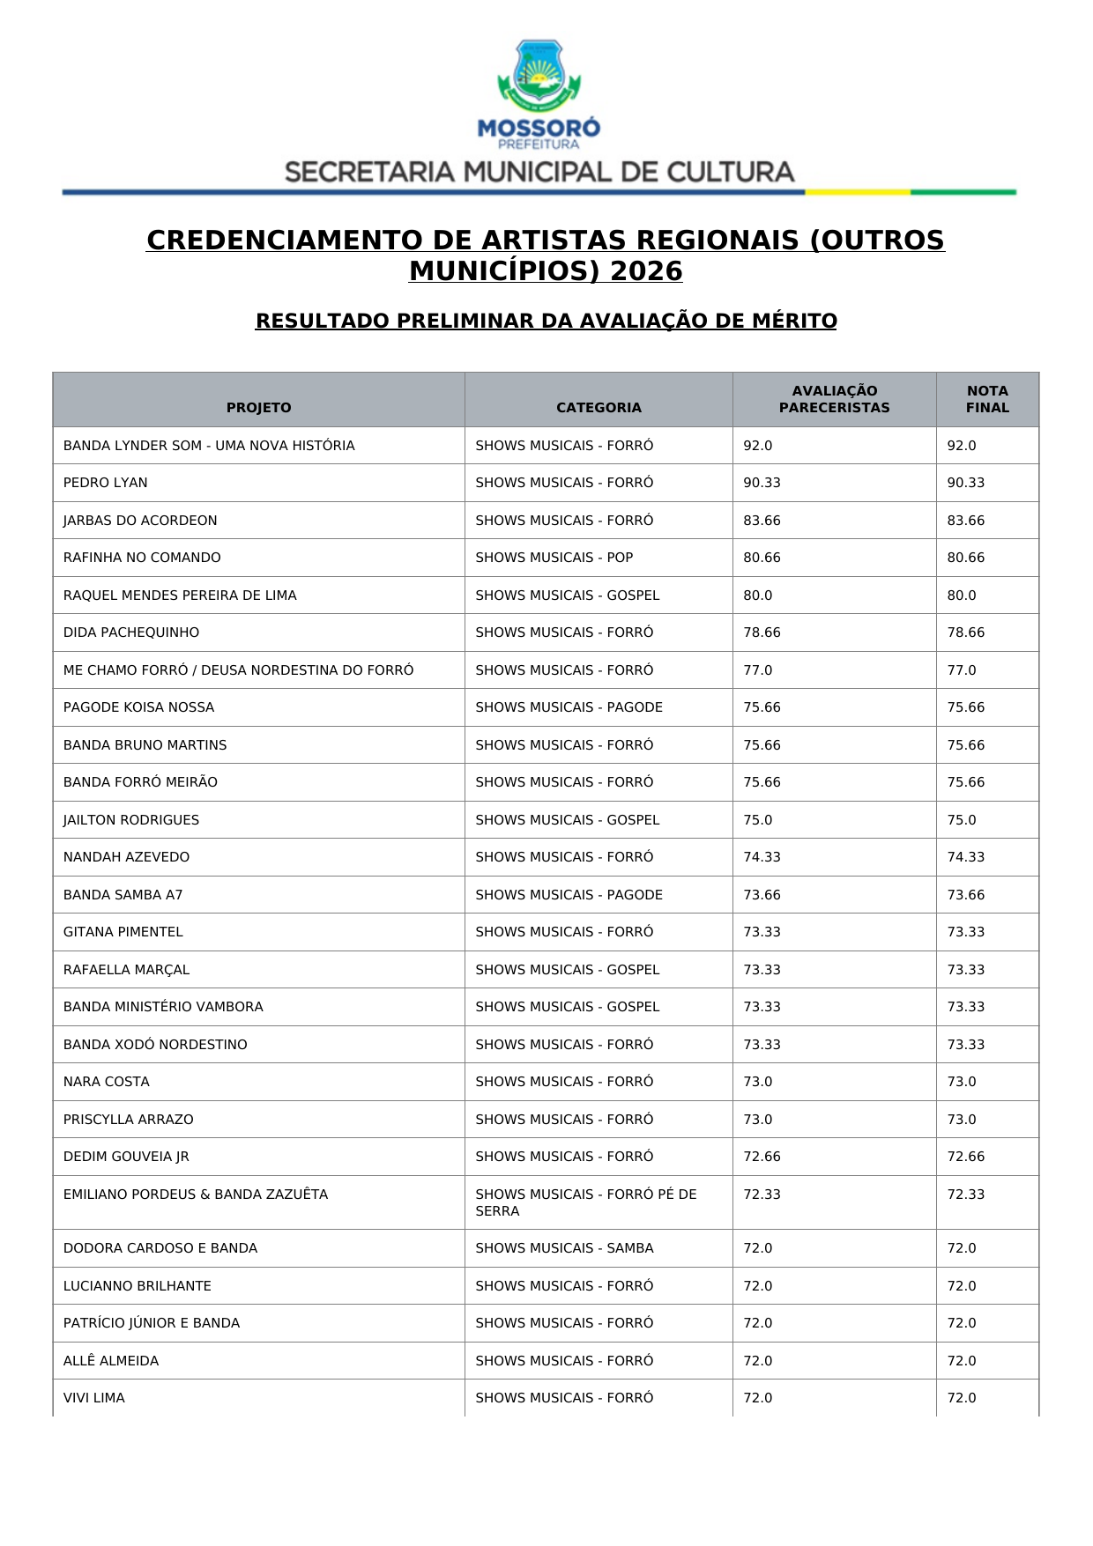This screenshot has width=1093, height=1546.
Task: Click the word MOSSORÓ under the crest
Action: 539,128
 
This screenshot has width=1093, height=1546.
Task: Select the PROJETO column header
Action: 258,407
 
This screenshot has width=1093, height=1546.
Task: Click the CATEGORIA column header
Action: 599,407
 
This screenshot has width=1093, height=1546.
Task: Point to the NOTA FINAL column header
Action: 987,399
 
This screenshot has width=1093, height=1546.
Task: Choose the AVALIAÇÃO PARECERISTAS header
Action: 834,399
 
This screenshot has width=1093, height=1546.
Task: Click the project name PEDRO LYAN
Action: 106,483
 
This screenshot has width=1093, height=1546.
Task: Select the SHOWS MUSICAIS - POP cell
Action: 554,558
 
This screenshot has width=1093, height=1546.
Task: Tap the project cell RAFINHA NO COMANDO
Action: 142,558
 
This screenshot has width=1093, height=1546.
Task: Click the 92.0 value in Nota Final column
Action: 962,446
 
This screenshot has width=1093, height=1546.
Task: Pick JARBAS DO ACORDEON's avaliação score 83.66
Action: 762,521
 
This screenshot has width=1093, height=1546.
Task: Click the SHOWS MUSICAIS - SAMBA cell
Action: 564,1248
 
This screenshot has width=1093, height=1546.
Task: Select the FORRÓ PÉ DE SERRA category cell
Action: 585,1202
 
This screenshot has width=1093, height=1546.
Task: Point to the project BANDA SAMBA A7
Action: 123,895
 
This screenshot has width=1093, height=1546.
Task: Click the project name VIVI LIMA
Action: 94,1398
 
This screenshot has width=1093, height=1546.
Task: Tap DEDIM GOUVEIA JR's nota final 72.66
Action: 966,1157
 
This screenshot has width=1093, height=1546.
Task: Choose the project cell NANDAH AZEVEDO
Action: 126,857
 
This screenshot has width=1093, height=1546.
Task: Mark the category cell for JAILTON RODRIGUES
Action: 567,820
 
